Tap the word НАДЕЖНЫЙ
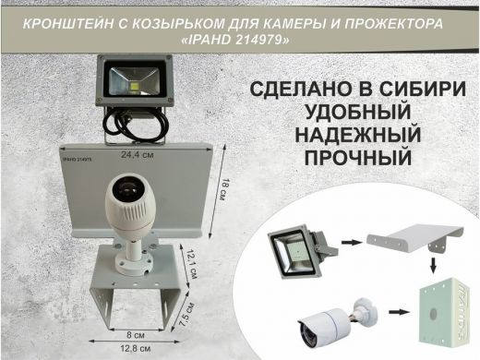(355, 136)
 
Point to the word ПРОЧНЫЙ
(355, 158)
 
